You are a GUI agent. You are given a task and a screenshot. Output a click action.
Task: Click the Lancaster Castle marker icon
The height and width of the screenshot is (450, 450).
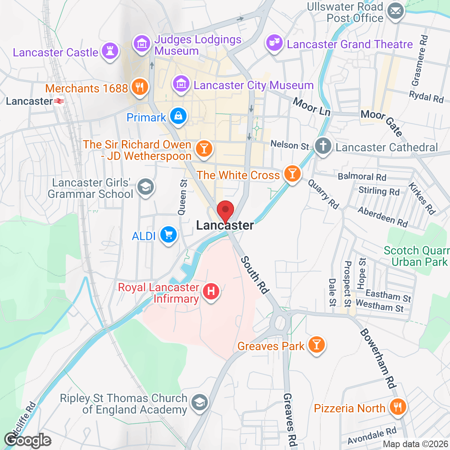click(110, 52)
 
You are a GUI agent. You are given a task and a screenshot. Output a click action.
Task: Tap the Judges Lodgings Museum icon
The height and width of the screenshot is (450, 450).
click(142, 43)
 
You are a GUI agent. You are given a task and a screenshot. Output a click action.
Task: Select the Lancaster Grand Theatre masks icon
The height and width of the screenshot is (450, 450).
click(274, 43)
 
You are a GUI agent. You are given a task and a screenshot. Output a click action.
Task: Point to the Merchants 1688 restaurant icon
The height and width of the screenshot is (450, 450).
click(139, 87)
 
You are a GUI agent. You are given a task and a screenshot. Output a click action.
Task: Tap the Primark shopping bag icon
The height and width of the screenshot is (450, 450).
click(178, 116)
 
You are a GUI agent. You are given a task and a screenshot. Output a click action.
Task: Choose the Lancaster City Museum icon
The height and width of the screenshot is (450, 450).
click(180, 84)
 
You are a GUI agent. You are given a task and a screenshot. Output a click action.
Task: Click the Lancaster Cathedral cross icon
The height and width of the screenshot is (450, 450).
click(323, 146)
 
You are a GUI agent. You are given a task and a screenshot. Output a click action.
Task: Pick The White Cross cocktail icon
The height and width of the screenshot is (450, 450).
click(292, 174)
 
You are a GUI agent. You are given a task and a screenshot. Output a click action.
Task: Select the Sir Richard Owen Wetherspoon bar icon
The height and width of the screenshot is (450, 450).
click(203, 148)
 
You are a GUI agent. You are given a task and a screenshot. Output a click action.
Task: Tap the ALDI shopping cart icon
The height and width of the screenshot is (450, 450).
click(168, 235)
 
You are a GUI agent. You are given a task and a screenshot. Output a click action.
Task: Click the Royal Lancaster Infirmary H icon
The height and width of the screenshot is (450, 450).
click(211, 292)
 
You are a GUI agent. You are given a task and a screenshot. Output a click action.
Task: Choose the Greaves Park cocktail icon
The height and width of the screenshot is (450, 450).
click(316, 344)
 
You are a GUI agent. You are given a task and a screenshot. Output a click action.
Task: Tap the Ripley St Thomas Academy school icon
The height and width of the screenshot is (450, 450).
click(200, 402)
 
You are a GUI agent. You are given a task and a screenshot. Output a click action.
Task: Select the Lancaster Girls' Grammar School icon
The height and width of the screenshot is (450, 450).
click(145, 187)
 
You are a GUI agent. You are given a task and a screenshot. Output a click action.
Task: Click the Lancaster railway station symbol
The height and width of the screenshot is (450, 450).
click(59, 101)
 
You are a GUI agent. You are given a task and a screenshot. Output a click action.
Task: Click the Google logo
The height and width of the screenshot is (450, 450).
click(27, 440)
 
